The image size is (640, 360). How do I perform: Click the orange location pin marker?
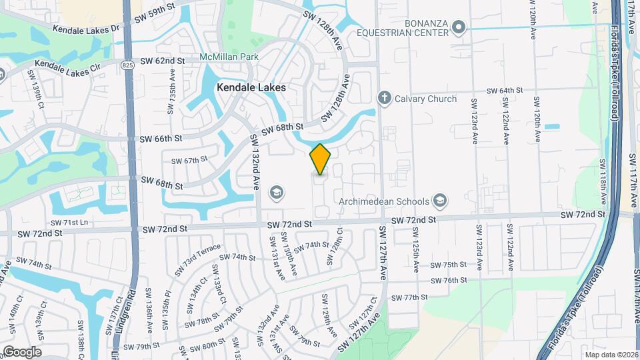pyautogui.click(x=320, y=159)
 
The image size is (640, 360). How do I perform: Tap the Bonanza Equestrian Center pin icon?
pyautogui.click(x=457, y=27)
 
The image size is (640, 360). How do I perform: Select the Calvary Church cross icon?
pyautogui.click(x=384, y=99)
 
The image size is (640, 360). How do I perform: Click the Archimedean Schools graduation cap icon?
pyautogui.click(x=439, y=201)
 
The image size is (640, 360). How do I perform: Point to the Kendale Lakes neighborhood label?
pyautogui.click(x=251, y=87)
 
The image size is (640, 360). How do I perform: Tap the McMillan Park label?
pyautogui.click(x=229, y=57)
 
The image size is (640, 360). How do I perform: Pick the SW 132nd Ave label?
pyautogui.click(x=254, y=163)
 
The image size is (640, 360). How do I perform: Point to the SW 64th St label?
pyautogui.click(x=503, y=91)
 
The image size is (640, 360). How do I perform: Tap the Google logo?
pyautogui.click(x=22, y=351)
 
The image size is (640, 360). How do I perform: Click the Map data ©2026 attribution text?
pyautogui.click(x=611, y=355)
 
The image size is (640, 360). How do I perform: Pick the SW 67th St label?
pyautogui.click(x=189, y=161)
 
